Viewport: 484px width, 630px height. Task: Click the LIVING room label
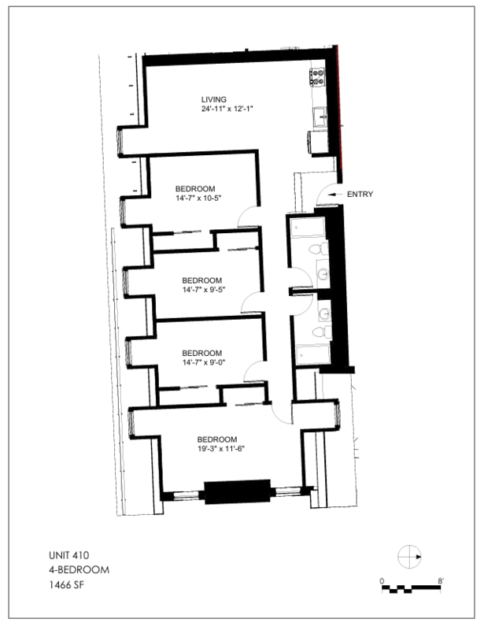pyautogui.click(x=214, y=99)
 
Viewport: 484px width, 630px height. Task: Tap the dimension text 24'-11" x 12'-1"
pyautogui.click(x=227, y=109)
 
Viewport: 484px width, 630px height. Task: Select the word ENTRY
pyautogui.click(x=360, y=194)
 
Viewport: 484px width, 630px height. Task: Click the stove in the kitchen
pyautogui.click(x=317, y=76)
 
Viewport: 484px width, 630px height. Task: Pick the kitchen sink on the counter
pyautogui.click(x=320, y=117)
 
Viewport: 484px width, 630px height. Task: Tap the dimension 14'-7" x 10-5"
pyautogui.click(x=198, y=198)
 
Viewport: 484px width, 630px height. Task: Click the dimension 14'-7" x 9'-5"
pyautogui.click(x=204, y=290)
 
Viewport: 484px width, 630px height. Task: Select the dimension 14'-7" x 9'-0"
pyautogui.click(x=204, y=362)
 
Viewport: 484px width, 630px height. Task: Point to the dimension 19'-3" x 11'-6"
pyautogui.click(x=221, y=449)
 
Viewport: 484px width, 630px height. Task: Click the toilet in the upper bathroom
pyautogui.click(x=319, y=249)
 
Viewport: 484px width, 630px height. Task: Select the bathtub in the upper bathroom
pyautogui.click(x=308, y=228)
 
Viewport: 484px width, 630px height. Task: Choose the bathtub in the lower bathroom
pyautogui.click(x=313, y=354)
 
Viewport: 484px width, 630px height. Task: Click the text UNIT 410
pyautogui.click(x=68, y=555)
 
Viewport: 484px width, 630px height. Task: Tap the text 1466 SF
pyautogui.click(x=67, y=584)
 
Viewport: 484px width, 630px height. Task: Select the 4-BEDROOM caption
pyautogui.click(x=79, y=569)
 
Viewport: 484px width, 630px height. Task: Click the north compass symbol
pyautogui.click(x=409, y=557)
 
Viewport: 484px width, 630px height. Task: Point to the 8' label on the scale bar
pyautogui.click(x=441, y=581)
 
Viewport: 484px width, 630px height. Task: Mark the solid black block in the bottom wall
pyautogui.click(x=238, y=491)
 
